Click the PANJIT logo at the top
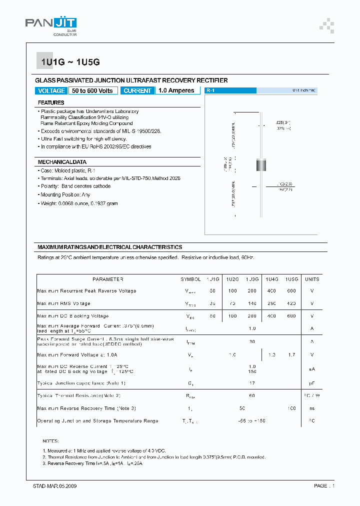(x=51, y=24)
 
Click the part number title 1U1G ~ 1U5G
(x=70, y=62)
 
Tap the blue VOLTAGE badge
(x=51, y=90)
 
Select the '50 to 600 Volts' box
(x=92, y=90)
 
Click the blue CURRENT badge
(x=137, y=90)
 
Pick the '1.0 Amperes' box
(x=176, y=90)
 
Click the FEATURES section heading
(x=51, y=102)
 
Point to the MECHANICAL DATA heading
(x=62, y=162)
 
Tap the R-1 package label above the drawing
(x=210, y=90)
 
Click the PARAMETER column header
(x=107, y=279)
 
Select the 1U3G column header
(x=252, y=279)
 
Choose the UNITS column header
(x=312, y=279)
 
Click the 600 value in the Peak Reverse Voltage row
(x=291, y=290)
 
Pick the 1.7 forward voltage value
(x=291, y=354)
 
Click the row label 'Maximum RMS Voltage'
(x=64, y=303)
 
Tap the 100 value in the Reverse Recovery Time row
(x=291, y=408)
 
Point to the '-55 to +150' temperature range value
(x=252, y=421)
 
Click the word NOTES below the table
(x=50, y=441)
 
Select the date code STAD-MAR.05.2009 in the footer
(x=51, y=486)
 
